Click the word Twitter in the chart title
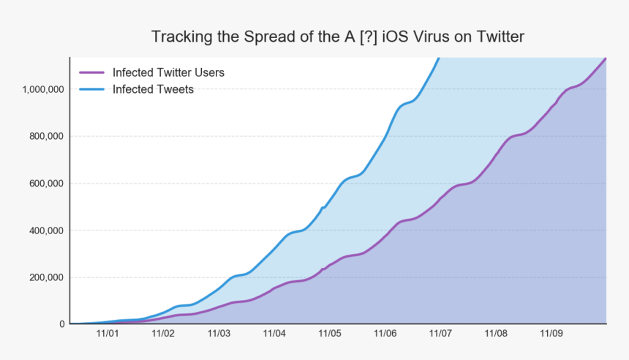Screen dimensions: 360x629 point(498,37)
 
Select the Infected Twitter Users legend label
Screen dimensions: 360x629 point(168,72)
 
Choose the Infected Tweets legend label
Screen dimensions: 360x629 point(153,89)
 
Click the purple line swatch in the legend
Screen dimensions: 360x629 point(92,72)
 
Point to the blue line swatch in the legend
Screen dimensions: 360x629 point(92,89)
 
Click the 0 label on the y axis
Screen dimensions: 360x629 point(62,324)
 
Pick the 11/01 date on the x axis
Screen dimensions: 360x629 point(108,334)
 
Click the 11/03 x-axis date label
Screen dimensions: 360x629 point(219,334)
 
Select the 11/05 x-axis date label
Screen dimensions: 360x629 point(330,334)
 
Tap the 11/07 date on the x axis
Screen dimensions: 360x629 point(440,334)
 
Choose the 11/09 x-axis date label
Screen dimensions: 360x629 point(551,334)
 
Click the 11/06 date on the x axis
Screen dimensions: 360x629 point(385,334)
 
